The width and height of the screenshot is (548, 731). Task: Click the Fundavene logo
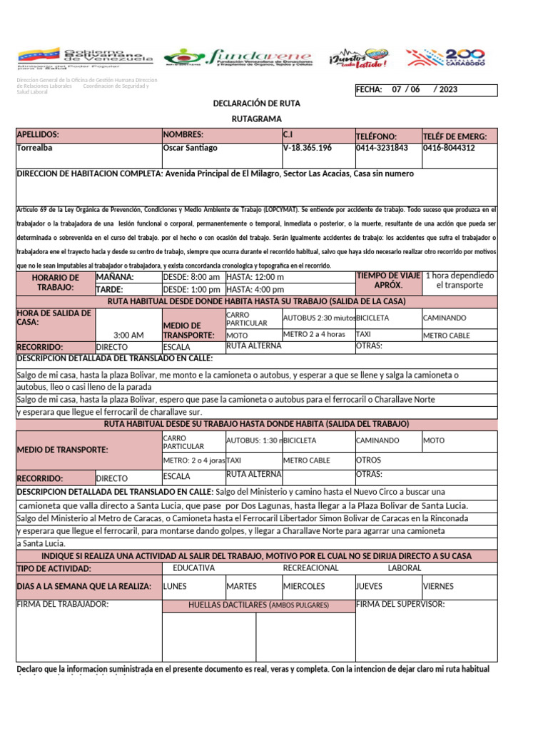point(238,59)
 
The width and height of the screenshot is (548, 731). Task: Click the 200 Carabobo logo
point(445,59)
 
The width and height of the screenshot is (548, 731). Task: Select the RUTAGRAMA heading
point(257,119)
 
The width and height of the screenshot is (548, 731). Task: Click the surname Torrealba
point(34,148)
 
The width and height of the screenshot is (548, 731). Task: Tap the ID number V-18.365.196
point(307,148)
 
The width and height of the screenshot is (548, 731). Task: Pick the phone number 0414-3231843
point(382,148)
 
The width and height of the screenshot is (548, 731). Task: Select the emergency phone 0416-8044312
point(449,148)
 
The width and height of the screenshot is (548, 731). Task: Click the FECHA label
point(369,90)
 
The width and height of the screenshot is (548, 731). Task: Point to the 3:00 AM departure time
point(128,335)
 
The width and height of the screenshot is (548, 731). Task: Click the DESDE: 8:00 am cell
point(191,277)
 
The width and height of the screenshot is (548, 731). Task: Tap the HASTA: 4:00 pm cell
point(255,290)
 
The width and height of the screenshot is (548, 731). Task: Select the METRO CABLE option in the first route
point(447,336)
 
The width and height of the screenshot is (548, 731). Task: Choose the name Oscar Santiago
point(190,148)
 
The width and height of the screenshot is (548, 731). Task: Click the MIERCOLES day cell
point(304,586)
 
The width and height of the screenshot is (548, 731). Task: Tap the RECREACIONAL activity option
point(310,568)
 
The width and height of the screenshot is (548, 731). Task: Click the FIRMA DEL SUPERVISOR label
point(400,605)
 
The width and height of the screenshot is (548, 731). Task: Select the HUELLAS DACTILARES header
point(258,605)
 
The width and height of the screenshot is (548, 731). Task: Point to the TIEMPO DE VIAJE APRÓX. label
point(387,281)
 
